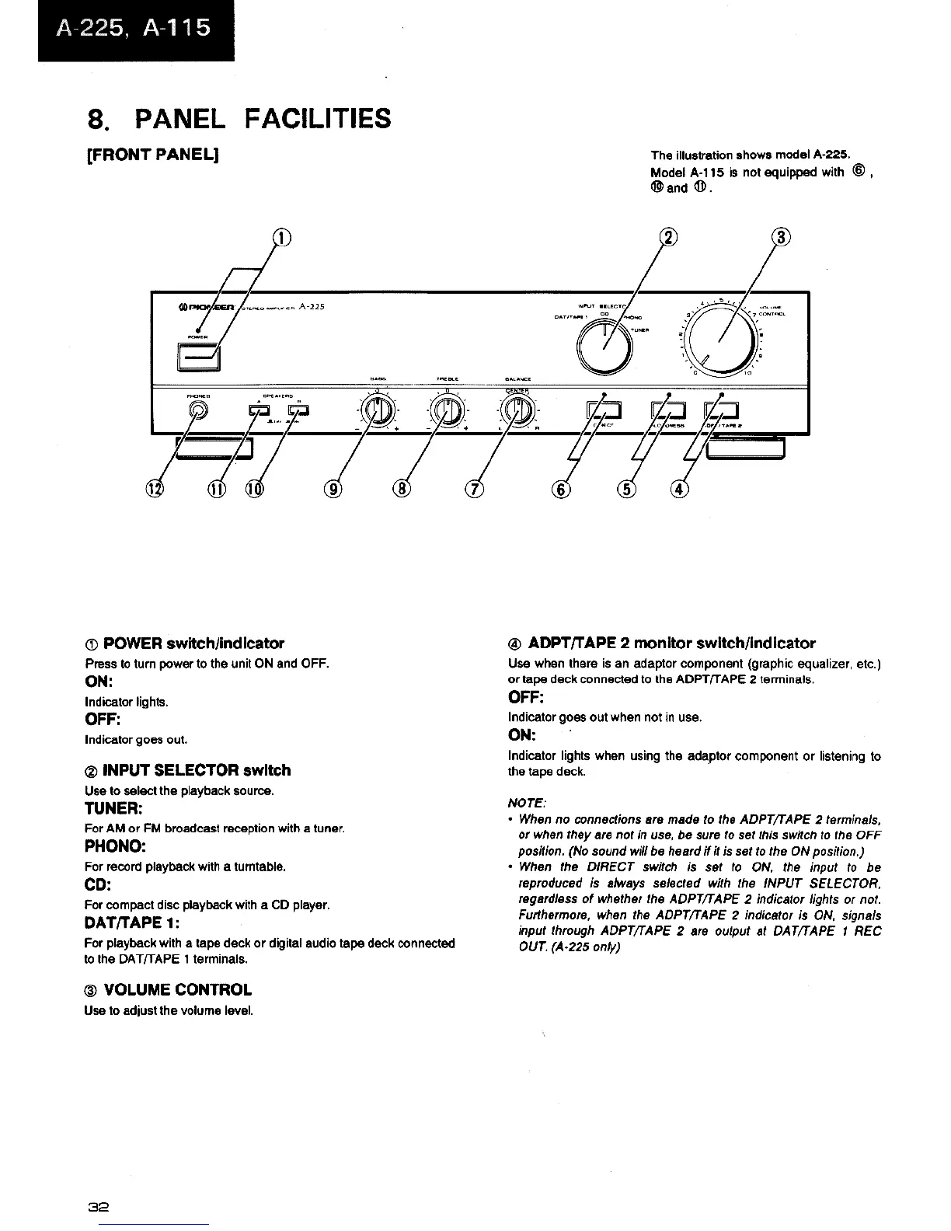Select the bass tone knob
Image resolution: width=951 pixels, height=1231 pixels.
[x=374, y=409]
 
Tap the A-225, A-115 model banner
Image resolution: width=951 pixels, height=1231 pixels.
[x=134, y=30]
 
